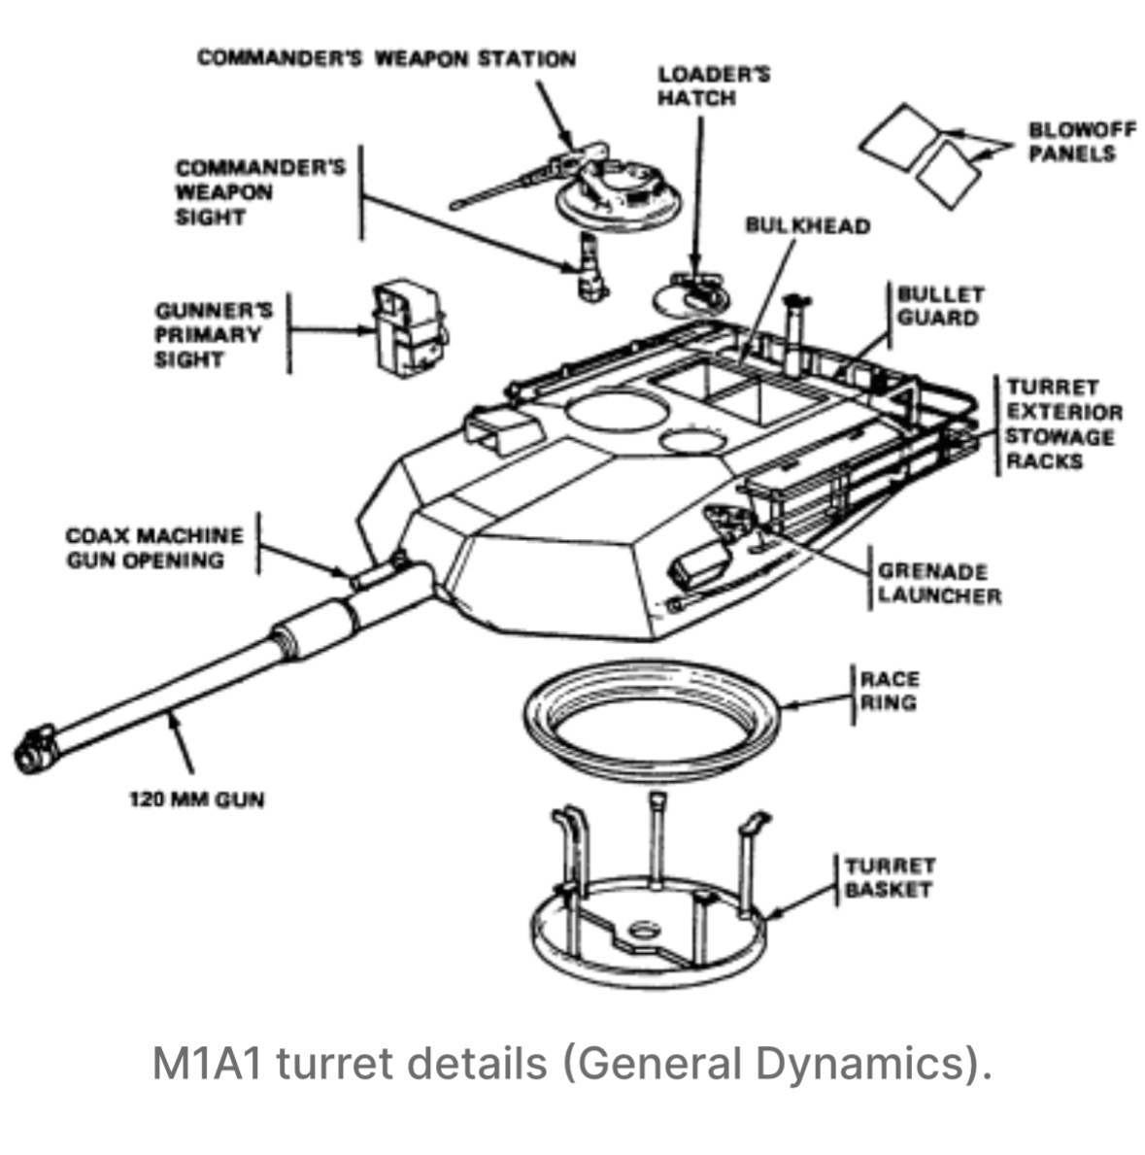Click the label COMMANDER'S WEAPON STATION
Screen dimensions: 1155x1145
point(386,58)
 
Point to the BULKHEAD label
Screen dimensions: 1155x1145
point(807,225)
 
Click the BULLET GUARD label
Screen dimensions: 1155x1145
point(939,306)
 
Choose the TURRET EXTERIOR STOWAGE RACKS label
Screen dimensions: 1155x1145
point(1063,424)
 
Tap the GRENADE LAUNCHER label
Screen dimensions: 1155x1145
point(938,583)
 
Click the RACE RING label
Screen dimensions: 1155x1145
point(889,690)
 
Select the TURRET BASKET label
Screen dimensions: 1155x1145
point(889,877)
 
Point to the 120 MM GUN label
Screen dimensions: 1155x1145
point(196,800)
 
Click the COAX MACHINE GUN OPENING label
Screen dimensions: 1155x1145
point(154,548)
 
